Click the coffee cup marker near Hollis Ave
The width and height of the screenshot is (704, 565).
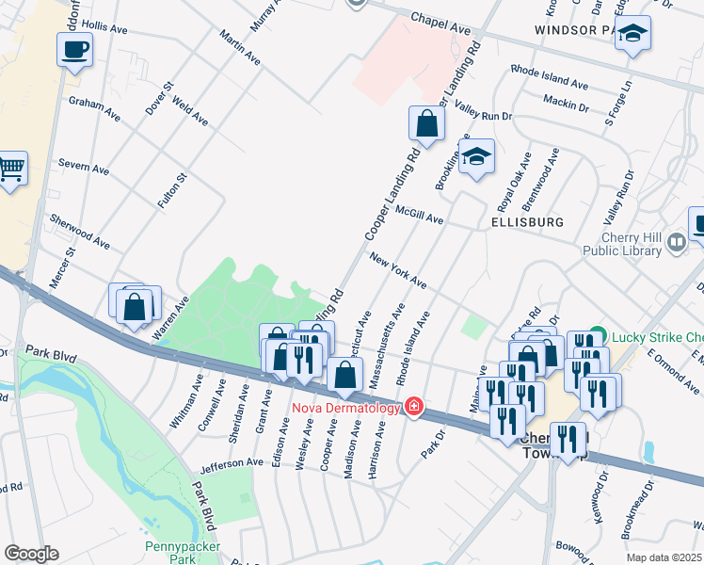point(74,49)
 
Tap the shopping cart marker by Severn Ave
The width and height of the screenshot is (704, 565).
point(10,169)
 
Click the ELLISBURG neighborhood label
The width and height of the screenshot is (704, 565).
point(526,222)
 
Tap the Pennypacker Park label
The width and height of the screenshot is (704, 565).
point(182,553)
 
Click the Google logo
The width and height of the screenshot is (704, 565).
point(31,554)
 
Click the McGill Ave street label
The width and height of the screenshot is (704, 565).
point(419,214)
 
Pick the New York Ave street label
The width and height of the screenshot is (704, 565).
point(397,271)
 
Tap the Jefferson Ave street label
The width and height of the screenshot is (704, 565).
point(232,463)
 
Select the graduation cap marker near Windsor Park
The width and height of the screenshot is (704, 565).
point(633,35)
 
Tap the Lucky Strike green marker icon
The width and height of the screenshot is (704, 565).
point(594,338)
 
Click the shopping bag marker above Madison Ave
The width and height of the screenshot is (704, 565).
point(345,375)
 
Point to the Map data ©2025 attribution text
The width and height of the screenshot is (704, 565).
point(664,557)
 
